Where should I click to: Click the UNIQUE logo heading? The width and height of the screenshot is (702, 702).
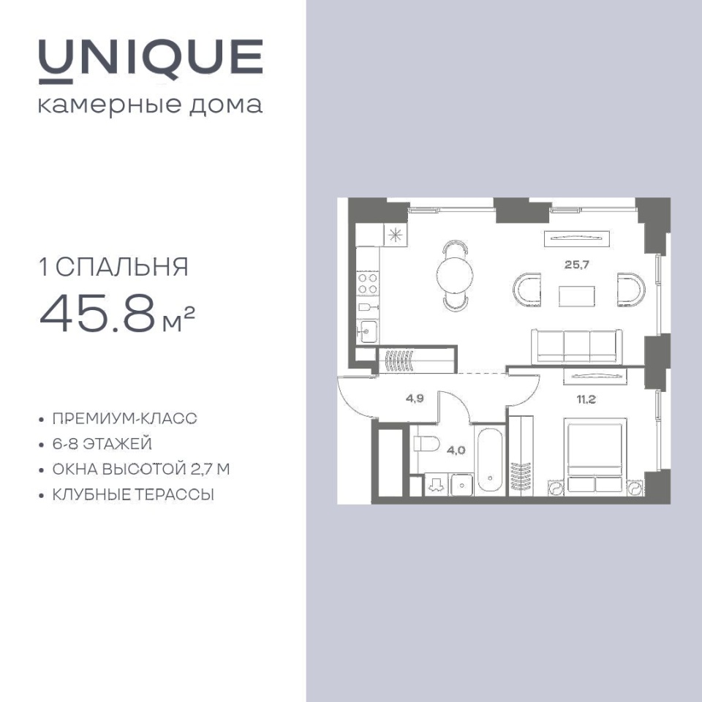(x=151, y=61)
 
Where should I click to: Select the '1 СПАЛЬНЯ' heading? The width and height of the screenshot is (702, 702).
(x=114, y=268)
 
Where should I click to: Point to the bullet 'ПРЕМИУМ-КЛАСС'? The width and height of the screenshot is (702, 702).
(x=124, y=418)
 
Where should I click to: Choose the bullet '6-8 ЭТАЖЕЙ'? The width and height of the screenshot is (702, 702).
(x=102, y=444)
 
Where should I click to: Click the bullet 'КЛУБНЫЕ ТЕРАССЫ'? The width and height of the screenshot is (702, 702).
(x=133, y=495)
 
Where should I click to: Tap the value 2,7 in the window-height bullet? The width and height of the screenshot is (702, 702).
(x=202, y=469)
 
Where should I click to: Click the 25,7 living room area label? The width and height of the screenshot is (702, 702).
(x=577, y=265)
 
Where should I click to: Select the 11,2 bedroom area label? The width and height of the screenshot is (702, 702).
(x=586, y=399)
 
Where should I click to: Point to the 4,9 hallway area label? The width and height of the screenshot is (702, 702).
(x=415, y=399)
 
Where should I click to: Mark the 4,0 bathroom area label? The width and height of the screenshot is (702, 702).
(x=456, y=450)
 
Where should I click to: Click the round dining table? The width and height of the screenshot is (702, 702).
(x=455, y=276)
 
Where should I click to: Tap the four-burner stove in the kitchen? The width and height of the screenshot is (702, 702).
(x=368, y=284)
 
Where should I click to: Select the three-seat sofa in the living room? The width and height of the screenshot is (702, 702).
(x=577, y=347)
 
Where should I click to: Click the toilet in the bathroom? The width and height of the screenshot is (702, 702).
(x=426, y=444)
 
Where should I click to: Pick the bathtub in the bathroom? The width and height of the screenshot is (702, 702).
(x=490, y=461)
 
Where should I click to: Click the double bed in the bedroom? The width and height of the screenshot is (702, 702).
(x=595, y=456)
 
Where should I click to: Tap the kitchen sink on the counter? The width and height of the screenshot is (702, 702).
(x=368, y=332)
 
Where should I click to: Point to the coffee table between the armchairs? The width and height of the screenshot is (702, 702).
(x=577, y=296)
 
